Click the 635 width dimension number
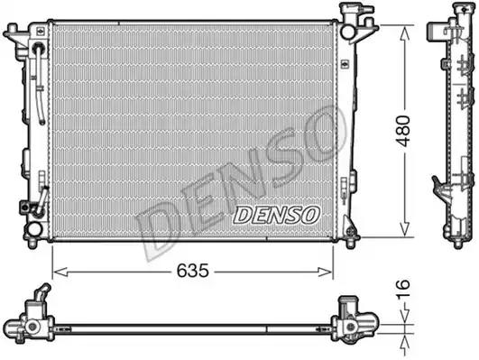193,271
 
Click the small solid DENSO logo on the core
276,214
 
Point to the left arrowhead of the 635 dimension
60,272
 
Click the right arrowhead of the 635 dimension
325,272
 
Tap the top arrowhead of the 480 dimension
405,33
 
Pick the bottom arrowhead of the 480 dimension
404,229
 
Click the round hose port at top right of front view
347,32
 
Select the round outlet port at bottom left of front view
33,229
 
